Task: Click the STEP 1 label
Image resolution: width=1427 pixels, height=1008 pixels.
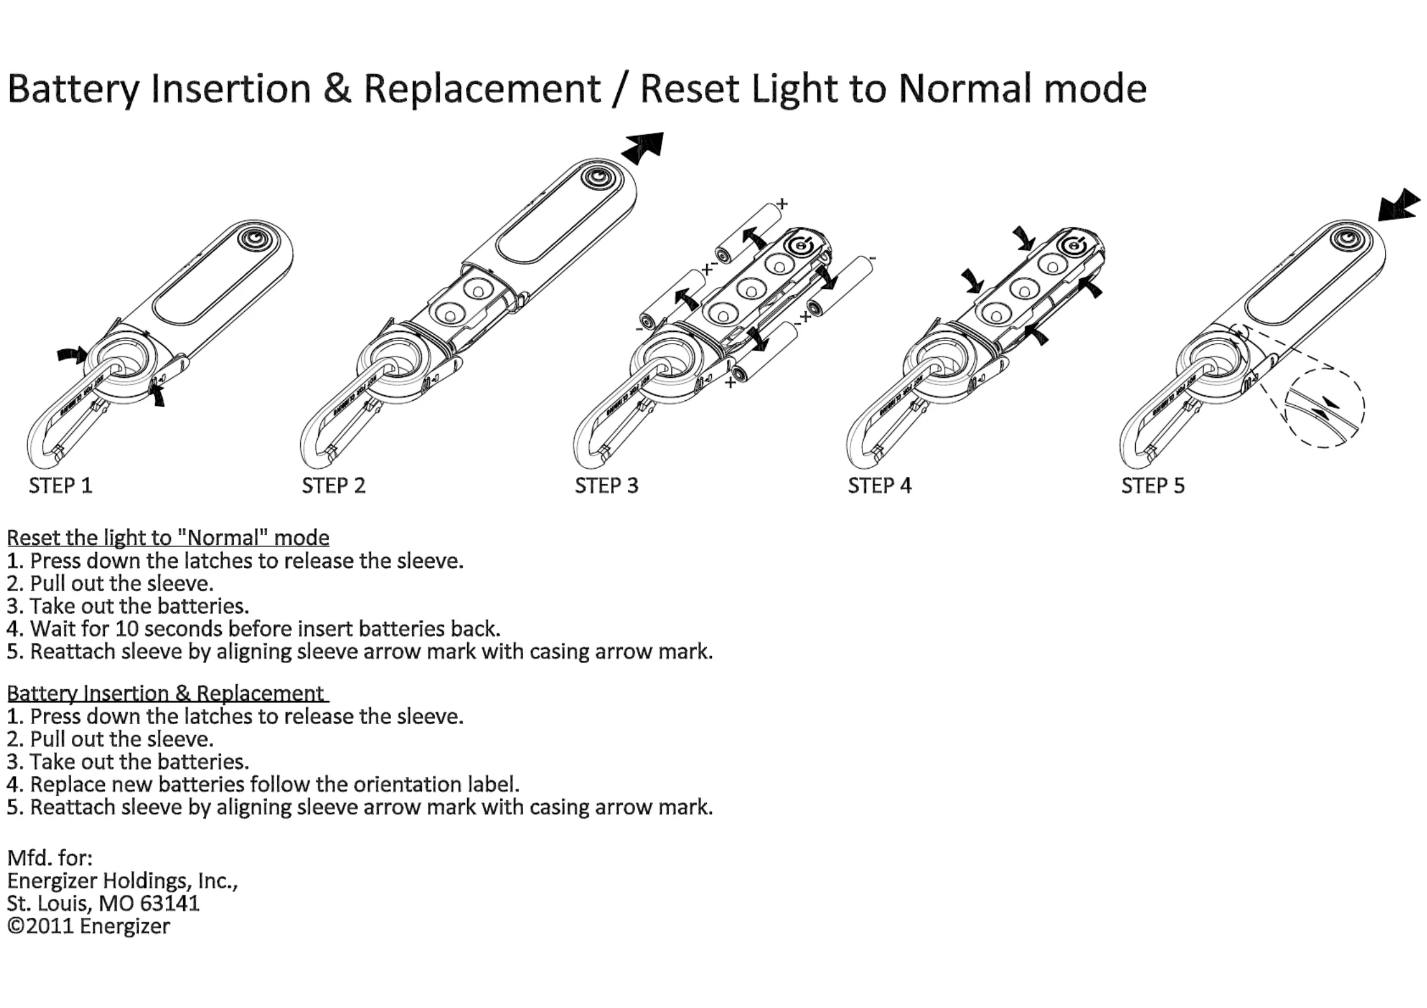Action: [x=60, y=486]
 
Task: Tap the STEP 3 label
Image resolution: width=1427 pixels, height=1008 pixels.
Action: [x=606, y=486]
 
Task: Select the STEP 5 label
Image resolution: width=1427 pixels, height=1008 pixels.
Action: [x=1152, y=486]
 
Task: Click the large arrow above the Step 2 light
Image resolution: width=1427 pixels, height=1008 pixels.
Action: [x=644, y=147]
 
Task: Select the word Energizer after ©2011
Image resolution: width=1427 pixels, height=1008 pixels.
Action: [x=125, y=927]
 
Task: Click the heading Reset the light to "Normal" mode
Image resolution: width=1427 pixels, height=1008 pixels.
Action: [x=168, y=538]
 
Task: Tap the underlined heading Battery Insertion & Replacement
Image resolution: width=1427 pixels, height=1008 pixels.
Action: [x=166, y=693]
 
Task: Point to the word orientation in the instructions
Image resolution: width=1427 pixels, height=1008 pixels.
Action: [x=408, y=784]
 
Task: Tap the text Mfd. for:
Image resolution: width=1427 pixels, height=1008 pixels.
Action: [x=50, y=858]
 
